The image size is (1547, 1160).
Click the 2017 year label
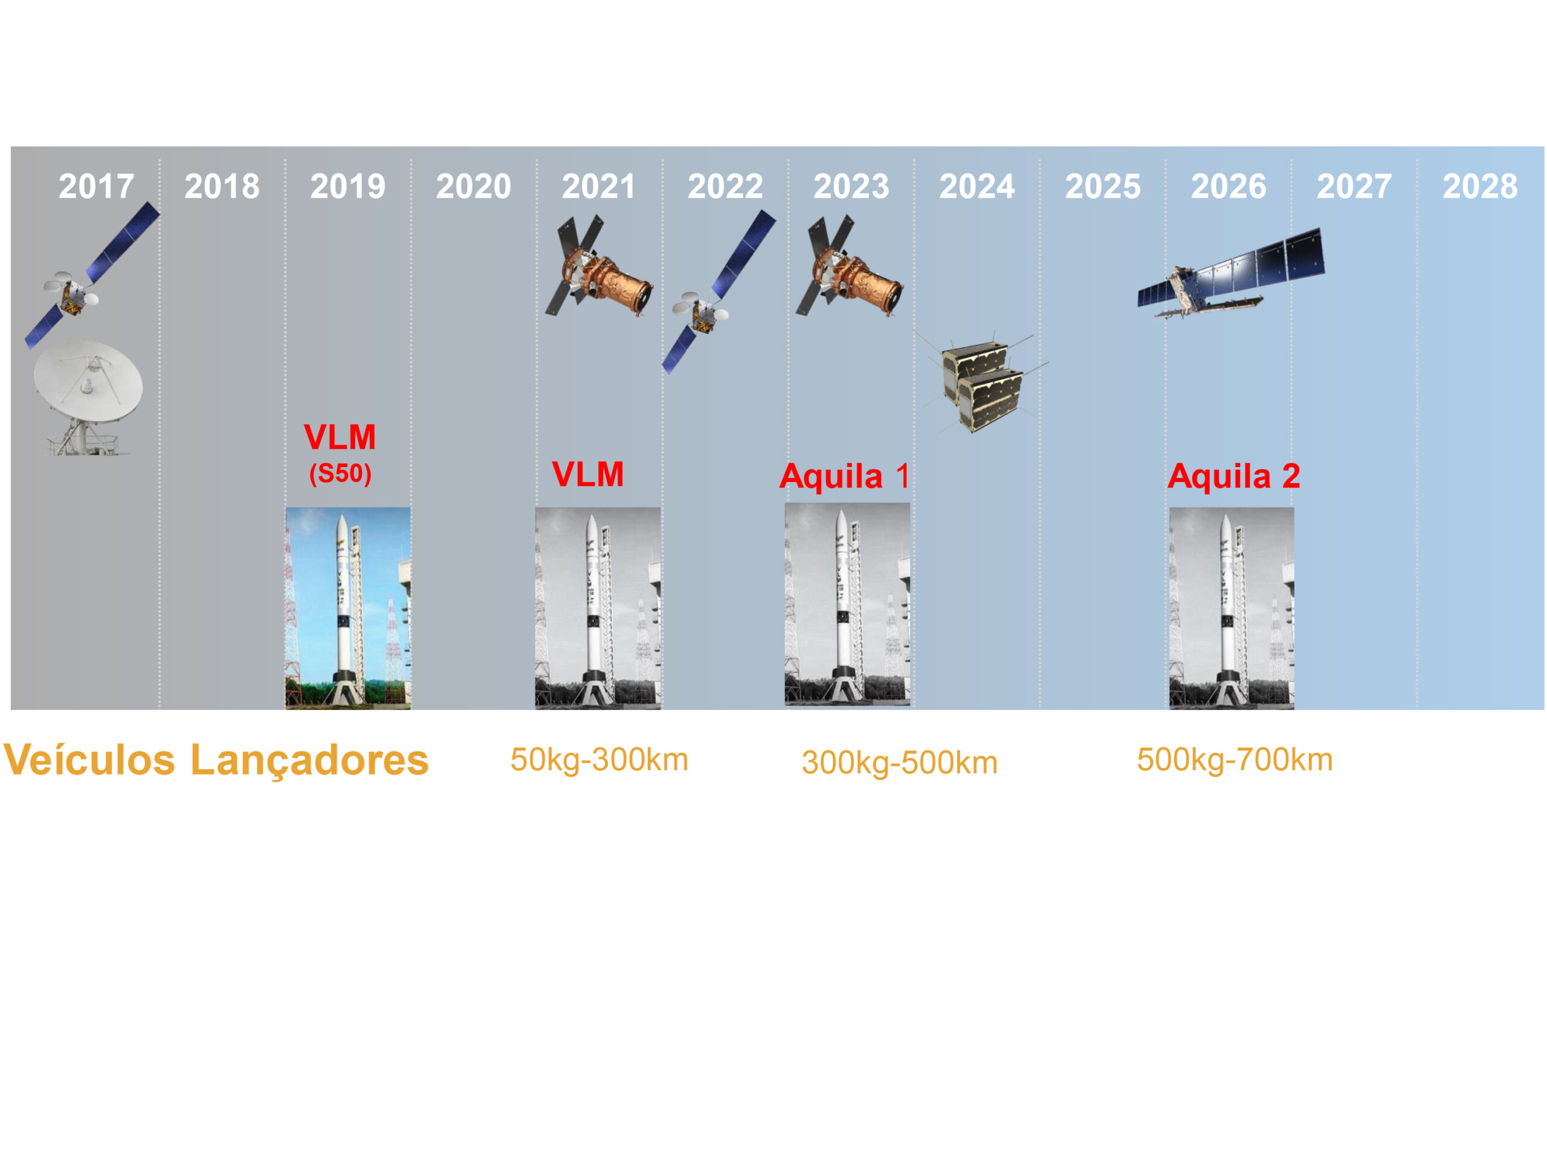tap(96, 186)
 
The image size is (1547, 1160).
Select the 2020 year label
tap(474, 186)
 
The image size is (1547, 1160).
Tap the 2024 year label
tap(977, 186)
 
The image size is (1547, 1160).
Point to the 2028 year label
tap(1480, 186)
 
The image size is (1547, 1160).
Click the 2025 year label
tap(1102, 186)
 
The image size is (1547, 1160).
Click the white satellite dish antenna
tap(88, 396)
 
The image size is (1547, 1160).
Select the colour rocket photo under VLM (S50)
tap(347, 608)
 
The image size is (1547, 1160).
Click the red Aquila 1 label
tap(844, 476)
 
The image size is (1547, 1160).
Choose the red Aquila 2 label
tap(1234, 476)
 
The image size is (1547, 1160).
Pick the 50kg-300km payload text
tap(599, 760)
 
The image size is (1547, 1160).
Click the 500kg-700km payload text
tap(1235, 760)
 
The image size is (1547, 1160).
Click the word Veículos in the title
tap(89, 760)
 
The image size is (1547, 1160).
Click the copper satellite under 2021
tap(599, 266)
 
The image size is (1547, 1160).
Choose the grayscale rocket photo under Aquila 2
tap(1232, 608)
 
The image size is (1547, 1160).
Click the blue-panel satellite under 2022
tap(719, 292)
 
